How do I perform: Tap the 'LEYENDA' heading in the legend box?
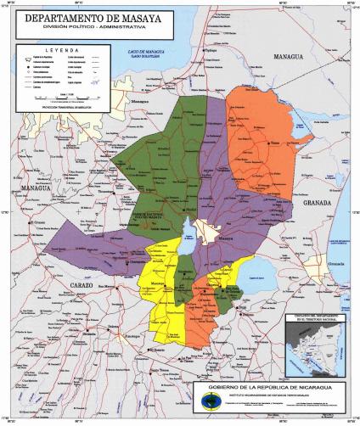tap(61, 50)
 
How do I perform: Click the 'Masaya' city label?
tap(226, 240)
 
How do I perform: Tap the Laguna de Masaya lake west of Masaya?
tap(188, 233)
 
